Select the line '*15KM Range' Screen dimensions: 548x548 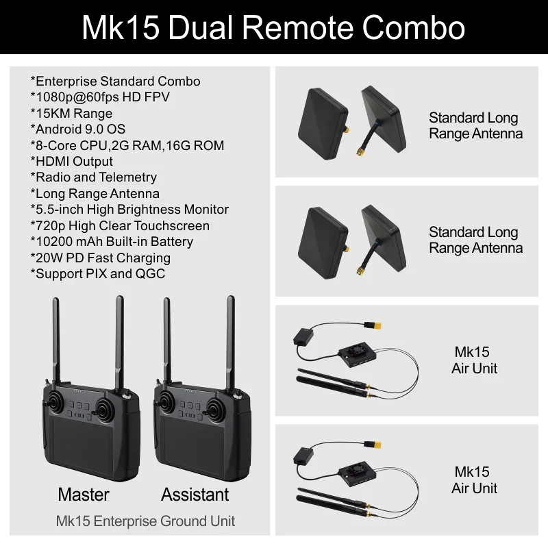(x=71, y=113)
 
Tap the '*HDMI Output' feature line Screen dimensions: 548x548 (x=72, y=161)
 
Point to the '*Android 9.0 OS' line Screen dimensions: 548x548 (x=78, y=129)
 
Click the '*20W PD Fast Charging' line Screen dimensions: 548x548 (x=101, y=258)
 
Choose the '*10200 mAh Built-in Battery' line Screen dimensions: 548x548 (x=112, y=241)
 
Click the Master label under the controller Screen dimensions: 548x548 (x=84, y=494)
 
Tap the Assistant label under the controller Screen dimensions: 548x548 (x=195, y=494)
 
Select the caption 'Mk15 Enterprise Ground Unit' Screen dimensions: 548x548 (x=145, y=521)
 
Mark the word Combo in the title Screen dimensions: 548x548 (x=414, y=28)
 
